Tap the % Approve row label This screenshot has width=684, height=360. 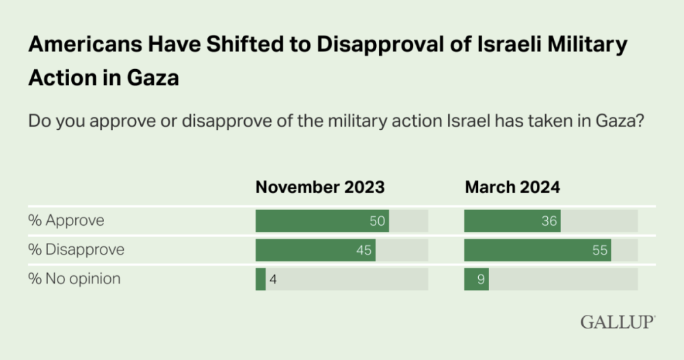coord(66,221)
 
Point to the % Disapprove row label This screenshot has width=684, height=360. coord(76,250)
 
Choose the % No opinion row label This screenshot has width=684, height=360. coord(74,279)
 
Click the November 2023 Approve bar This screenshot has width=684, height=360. coord(321,221)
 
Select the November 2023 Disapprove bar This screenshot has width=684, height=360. coord(315,250)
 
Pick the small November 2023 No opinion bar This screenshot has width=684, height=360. coord(261,279)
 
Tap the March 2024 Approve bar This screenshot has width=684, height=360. coord(512,221)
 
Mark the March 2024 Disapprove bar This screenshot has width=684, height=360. coord(537,250)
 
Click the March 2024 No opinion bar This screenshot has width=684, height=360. coord(476,279)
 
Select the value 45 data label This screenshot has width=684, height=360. coord(364,250)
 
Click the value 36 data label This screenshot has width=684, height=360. coord(549,222)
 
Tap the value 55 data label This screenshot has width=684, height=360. coord(600,250)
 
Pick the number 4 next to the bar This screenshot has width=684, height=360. coord(273,279)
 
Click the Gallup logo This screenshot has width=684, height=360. coord(618,321)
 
